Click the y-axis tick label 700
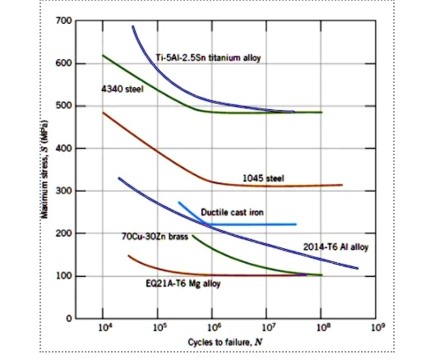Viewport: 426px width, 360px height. [63, 20]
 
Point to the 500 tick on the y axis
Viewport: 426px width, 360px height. [63, 106]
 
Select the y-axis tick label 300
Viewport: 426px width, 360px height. [63, 191]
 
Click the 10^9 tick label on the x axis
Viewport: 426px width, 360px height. [376, 327]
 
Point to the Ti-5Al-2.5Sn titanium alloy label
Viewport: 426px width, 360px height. [208, 57]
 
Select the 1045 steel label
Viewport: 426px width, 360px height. [262, 178]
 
